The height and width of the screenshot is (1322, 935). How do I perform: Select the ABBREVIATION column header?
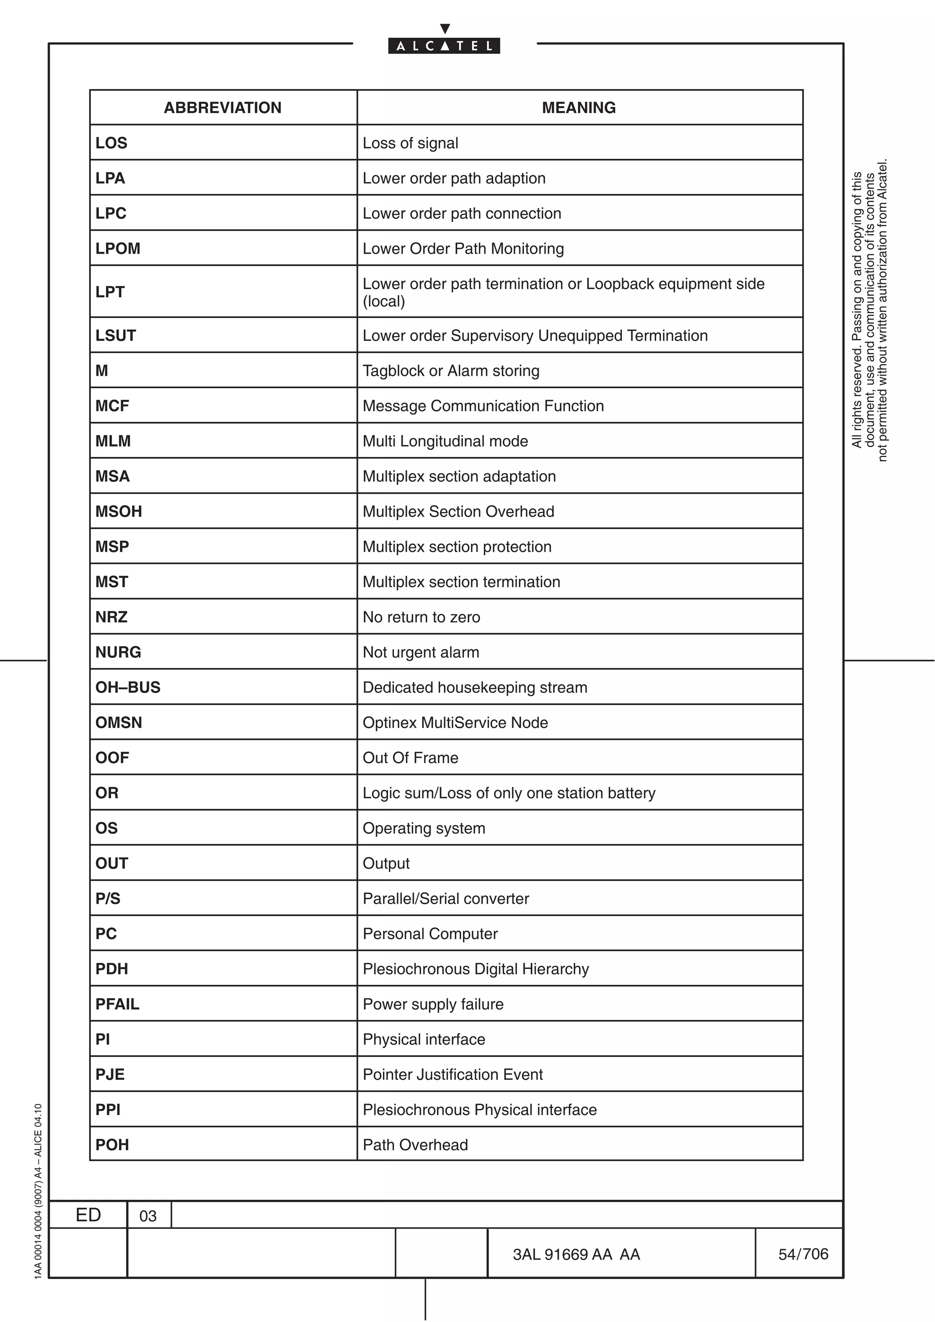[222, 108]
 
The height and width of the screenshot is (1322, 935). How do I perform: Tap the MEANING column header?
[578, 108]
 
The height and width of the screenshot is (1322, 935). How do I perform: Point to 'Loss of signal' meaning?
[410, 143]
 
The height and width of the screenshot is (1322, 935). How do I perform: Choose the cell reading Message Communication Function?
[483, 406]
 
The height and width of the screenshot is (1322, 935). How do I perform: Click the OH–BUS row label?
[127, 687]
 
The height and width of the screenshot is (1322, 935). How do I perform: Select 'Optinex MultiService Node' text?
[455, 723]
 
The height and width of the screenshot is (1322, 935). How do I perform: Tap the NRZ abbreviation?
[111, 617]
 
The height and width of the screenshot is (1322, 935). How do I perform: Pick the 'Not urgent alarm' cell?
[420, 652]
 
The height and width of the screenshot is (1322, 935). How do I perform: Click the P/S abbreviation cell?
[108, 899]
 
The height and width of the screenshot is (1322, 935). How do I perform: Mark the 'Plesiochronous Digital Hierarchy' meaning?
[475, 969]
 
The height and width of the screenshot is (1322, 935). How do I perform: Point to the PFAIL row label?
[117, 1004]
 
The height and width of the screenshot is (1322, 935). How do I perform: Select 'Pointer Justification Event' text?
[452, 1074]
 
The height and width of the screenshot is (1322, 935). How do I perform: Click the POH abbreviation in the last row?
[112, 1145]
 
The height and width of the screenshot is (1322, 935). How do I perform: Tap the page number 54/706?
[803, 1254]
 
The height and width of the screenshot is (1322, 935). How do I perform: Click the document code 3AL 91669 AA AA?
[576, 1254]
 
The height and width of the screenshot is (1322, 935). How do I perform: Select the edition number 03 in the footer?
[148, 1216]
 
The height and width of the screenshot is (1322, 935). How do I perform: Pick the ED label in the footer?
[88, 1215]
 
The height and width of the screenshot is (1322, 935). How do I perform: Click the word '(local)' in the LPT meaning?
[383, 302]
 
